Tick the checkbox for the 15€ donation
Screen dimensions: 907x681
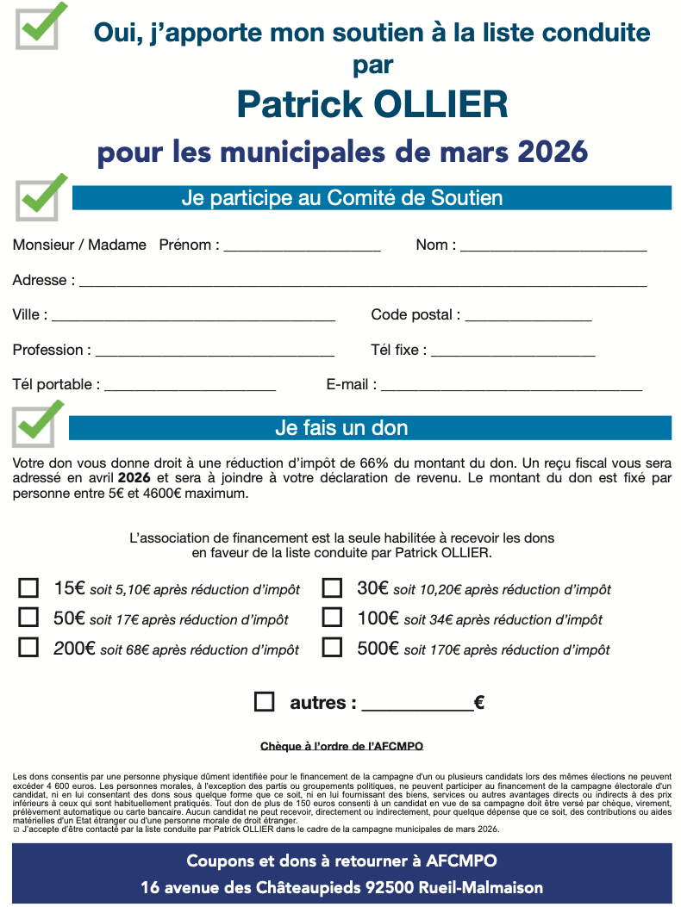pos(28,588)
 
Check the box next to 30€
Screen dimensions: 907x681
pos(332,588)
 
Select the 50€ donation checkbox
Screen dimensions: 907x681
pos(28,618)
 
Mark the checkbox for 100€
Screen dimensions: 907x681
pos(332,618)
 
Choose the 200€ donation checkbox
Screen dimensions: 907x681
pos(28,648)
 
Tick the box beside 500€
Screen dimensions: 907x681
pos(332,648)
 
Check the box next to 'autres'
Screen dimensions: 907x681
pos(265,702)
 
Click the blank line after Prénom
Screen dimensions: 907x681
pos(302,246)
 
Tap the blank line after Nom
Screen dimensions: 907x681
pos(553,246)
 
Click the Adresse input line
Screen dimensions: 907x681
pos(363,282)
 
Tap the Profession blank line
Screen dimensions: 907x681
pos(215,351)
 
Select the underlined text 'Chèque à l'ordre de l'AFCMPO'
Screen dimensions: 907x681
pos(341,745)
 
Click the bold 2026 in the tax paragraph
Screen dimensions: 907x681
pos(134,477)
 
